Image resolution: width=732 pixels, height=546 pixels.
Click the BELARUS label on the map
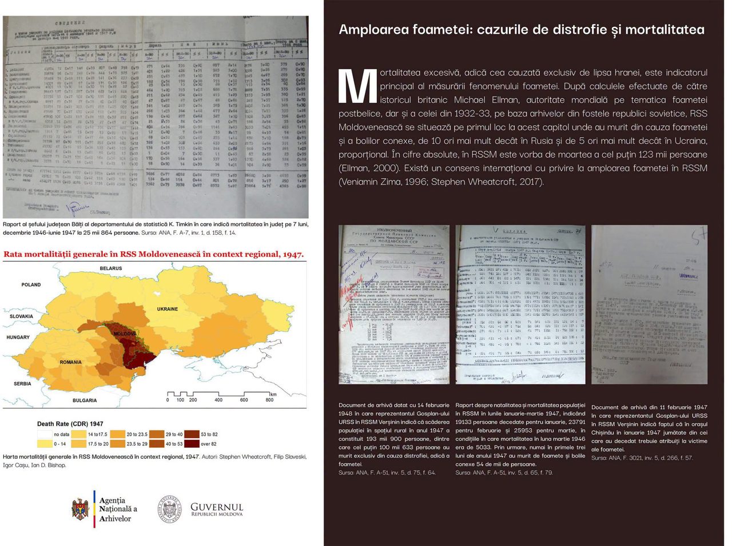pyautogui.click(x=111, y=268)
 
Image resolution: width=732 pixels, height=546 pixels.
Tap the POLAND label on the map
pyautogui.click(x=31, y=284)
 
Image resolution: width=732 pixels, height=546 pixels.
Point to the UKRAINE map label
pyautogui.click(x=168, y=309)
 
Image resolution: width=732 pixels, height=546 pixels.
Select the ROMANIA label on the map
pyautogui.click(x=70, y=362)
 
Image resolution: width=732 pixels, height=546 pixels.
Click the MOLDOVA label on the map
pyautogui.click(x=125, y=334)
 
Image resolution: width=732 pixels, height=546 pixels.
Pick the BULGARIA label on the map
pyautogui.click(x=85, y=400)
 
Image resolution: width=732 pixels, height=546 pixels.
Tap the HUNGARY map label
pyautogui.click(x=18, y=337)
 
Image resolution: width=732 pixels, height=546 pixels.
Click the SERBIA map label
pyautogui.click(x=22, y=384)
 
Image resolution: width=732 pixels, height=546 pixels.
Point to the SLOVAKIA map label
pyautogui.click(x=21, y=316)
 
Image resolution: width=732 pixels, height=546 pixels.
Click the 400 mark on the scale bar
pyautogui.click(x=218, y=400)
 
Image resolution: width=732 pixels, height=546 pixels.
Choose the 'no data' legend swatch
pyautogui.click(x=45, y=435)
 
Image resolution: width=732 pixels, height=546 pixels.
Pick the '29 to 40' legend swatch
pyautogui.click(x=156, y=435)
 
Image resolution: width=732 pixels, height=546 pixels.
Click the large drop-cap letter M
pyautogui.click(x=357, y=87)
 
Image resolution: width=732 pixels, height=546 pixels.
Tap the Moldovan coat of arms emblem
pyautogui.click(x=80, y=509)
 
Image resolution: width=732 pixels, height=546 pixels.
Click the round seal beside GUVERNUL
pyautogui.click(x=170, y=508)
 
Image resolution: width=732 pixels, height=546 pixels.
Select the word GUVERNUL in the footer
pyautogui.click(x=217, y=507)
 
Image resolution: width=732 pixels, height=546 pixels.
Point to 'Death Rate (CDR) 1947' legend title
pyautogui.click(x=70, y=424)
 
